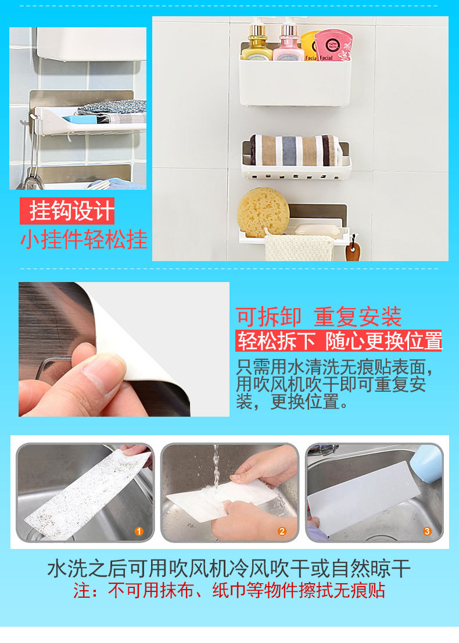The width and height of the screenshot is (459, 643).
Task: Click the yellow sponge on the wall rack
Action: click(263, 212)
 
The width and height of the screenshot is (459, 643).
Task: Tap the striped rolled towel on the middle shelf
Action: click(296, 150)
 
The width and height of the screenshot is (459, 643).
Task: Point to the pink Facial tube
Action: click(334, 45)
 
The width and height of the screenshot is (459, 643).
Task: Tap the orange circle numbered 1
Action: click(139, 532)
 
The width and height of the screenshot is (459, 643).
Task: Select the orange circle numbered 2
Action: click(282, 532)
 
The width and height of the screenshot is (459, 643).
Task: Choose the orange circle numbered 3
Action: click(427, 532)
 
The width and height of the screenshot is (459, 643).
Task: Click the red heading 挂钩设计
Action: click(67, 211)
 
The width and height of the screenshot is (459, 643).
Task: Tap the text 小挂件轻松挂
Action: click(84, 239)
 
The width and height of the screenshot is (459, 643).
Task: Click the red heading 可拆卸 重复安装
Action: click(318, 317)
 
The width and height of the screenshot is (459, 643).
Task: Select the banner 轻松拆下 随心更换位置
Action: click(339, 341)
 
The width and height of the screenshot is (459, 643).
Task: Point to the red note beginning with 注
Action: click(229, 591)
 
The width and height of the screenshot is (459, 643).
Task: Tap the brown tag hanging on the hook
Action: click(353, 251)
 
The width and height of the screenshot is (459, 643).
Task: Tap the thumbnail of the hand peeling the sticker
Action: click(124, 349)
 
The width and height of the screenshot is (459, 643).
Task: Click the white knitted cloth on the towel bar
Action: click(299, 248)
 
